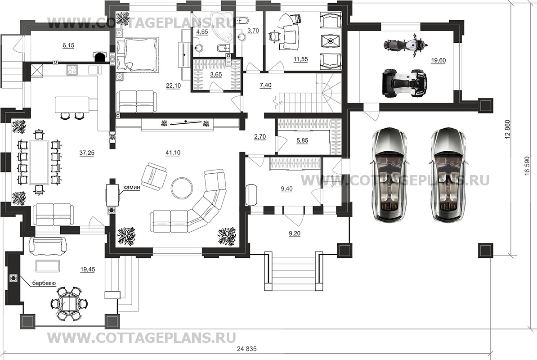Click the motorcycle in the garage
[x=405, y=45]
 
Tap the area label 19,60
[x=438, y=61]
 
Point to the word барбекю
[x=44, y=283]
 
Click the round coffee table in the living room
[x=183, y=187]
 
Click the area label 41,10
[x=173, y=153]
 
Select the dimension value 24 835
[x=248, y=350]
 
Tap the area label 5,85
[x=303, y=141]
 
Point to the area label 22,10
[x=173, y=85]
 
